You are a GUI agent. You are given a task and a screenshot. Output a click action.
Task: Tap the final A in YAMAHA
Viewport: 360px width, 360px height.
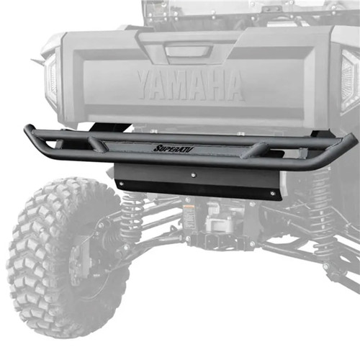click(x=230, y=86)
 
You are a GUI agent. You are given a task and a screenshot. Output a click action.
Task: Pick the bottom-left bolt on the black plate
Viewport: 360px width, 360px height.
click(x=121, y=183)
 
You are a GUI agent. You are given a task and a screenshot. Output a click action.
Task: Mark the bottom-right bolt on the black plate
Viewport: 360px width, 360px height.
click(x=271, y=193)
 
